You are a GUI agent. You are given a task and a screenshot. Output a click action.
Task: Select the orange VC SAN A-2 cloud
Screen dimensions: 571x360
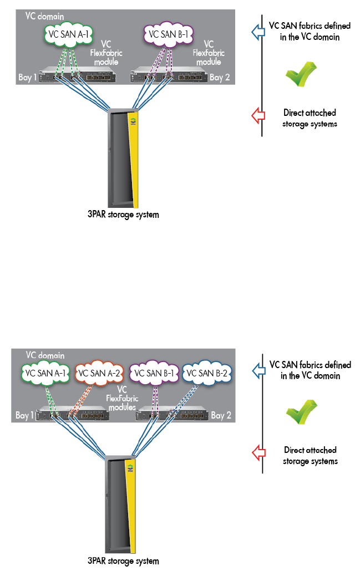[99, 373]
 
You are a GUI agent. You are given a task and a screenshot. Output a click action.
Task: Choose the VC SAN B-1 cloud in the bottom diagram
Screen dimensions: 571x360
[153, 373]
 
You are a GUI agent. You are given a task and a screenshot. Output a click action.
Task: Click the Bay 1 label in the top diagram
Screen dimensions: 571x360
[28, 77]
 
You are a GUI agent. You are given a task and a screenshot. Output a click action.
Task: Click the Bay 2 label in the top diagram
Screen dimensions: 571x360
[220, 77]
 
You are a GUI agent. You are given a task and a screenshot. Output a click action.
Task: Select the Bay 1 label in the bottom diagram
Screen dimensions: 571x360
[24, 415]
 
